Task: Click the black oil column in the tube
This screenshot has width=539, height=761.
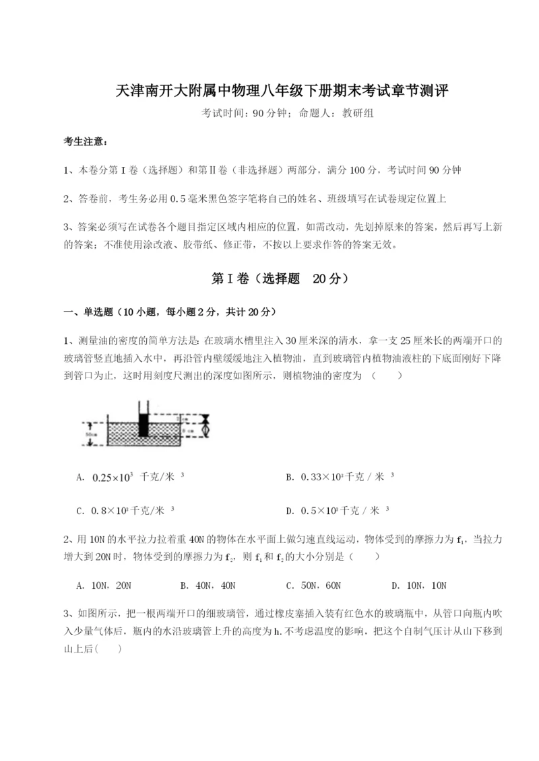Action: tap(143, 425)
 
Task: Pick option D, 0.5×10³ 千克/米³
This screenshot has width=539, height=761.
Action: tap(338, 511)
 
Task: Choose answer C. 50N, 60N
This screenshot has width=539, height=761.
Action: tap(313, 585)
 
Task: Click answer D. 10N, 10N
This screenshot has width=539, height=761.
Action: tap(418, 585)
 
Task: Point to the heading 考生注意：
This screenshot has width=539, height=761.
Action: tap(84, 142)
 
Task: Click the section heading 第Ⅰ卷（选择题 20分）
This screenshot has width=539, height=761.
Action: tap(269, 278)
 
